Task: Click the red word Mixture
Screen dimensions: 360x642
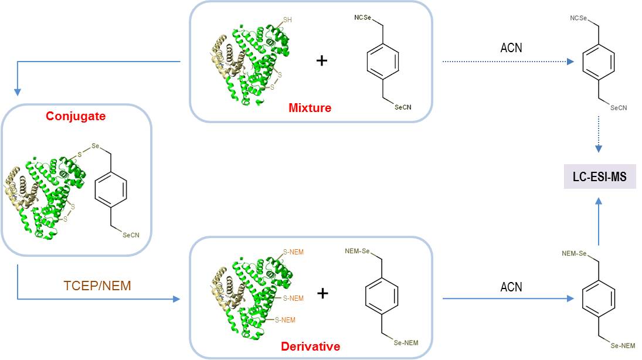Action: (x=310, y=108)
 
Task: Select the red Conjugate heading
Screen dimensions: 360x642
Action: (x=77, y=116)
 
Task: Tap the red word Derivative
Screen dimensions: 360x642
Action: (x=311, y=346)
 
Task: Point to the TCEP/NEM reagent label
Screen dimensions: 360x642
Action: (x=97, y=286)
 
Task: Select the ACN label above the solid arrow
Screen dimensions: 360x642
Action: (x=511, y=287)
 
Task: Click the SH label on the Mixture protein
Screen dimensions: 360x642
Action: (x=287, y=20)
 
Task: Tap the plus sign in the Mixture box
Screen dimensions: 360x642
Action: (x=321, y=60)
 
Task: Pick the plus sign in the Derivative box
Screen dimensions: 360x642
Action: (x=322, y=293)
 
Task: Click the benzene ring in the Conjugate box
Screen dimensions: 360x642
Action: (x=110, y=188)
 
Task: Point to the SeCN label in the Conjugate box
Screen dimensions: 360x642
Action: (x=131, y=235)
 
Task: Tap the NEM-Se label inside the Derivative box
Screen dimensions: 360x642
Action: (x=356, y=252)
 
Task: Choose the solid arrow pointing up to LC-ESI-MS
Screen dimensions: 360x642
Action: (x=599, y=222)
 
